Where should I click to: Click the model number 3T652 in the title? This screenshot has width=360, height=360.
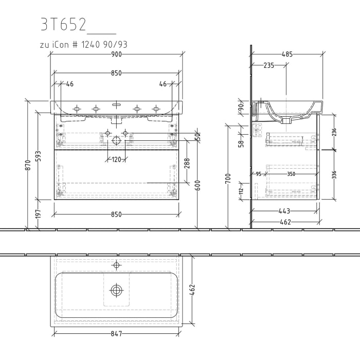point(64,24)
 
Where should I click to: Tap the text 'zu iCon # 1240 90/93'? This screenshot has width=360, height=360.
point(83,45)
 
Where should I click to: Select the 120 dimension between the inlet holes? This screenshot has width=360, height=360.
point(116,159)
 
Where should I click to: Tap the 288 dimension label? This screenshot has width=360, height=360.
point(188,164)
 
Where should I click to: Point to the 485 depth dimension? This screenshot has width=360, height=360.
point(287,54)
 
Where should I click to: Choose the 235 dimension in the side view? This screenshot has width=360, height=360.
point(268,65)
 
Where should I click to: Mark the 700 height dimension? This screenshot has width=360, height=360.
point(228,179)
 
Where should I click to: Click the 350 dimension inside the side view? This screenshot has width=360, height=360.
point(291,174)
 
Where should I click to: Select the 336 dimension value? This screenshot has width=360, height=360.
point(335,174)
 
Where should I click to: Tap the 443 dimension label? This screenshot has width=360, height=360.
point(284,211)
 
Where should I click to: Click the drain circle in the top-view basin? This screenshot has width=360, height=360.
point(116,291)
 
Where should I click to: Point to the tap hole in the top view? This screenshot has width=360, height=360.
point(116,266)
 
